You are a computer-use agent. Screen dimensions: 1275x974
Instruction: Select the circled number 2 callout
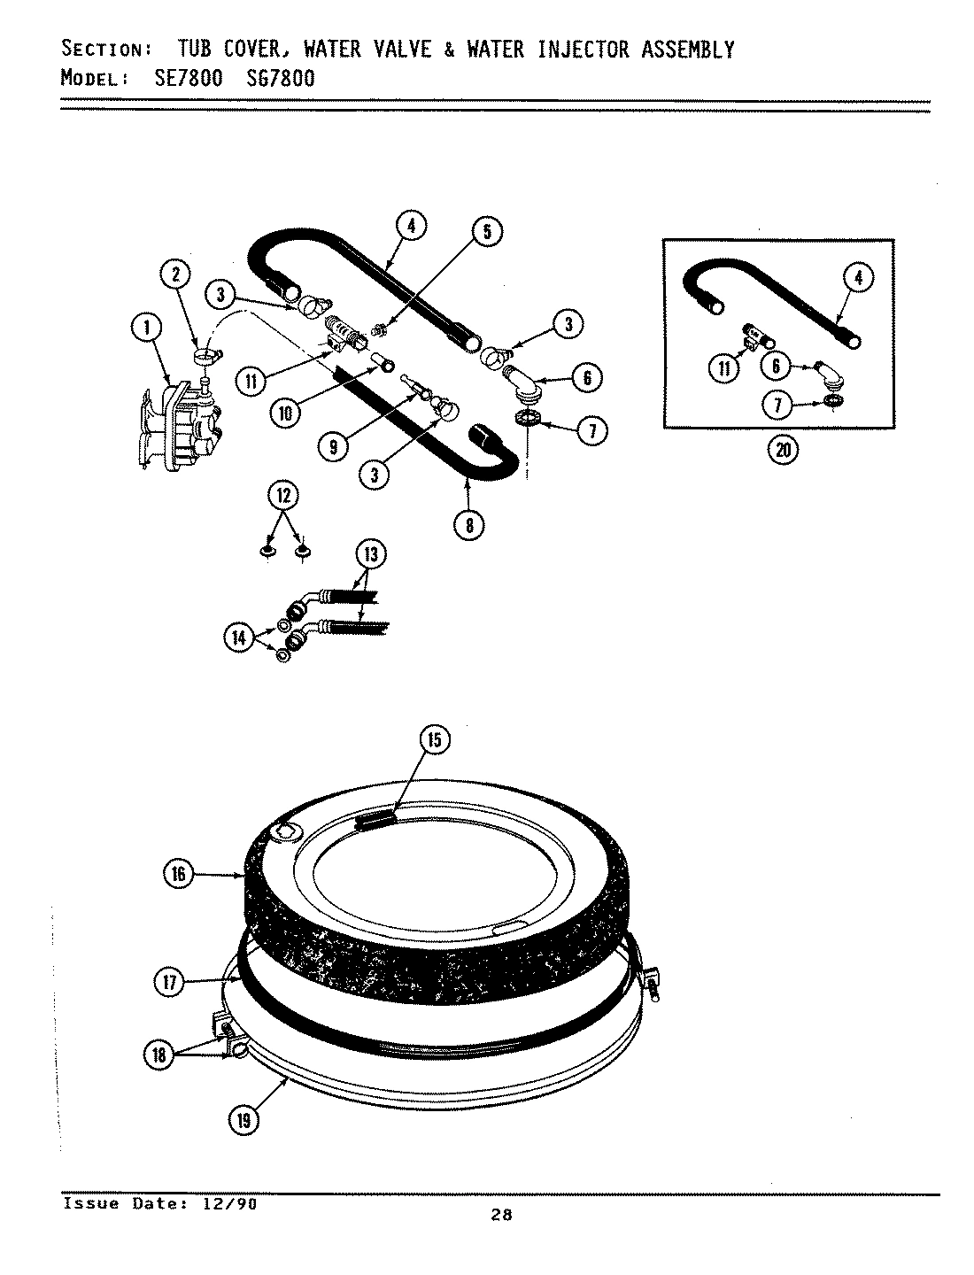click(x=176, y=274)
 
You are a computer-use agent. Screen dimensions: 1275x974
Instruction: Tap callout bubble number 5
click(x=486, y=232)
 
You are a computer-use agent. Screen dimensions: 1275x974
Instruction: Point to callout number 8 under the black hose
click(x=468, y=525)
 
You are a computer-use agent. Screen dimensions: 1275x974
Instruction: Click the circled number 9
click(x=334, y=447)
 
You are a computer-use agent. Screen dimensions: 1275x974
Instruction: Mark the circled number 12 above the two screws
click(x=283, y=496)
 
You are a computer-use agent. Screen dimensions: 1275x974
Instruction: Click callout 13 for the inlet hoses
click(x=370, y=555)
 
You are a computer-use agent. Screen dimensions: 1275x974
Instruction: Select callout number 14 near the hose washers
click(x=239, y=638)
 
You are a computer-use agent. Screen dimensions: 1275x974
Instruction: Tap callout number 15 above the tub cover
click(x=435, y=740)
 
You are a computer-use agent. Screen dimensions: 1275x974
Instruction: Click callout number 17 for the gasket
click(x=171, y=982)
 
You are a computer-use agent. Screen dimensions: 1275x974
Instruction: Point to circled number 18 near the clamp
click(x=160, y=1054)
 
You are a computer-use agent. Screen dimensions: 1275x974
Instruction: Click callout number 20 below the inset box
click(x=783, y=450)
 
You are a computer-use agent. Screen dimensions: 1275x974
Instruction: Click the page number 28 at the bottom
click(x=501, y=1216)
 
